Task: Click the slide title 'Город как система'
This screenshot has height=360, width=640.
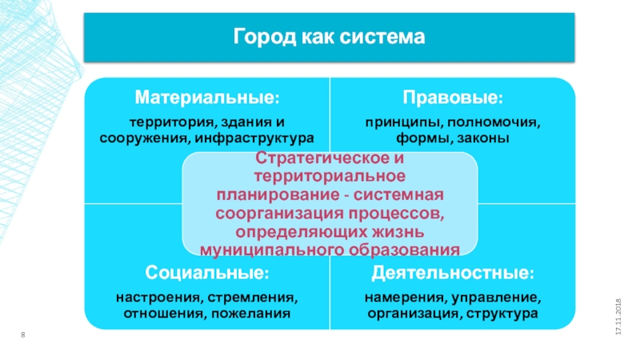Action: (329, 38)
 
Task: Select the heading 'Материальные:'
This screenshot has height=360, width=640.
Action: (206, 98)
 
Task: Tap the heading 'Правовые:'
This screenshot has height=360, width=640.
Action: (453, 98)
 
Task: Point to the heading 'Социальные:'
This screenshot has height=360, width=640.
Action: (206, 274)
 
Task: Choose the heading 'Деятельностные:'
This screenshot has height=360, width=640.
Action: (453, 274)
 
